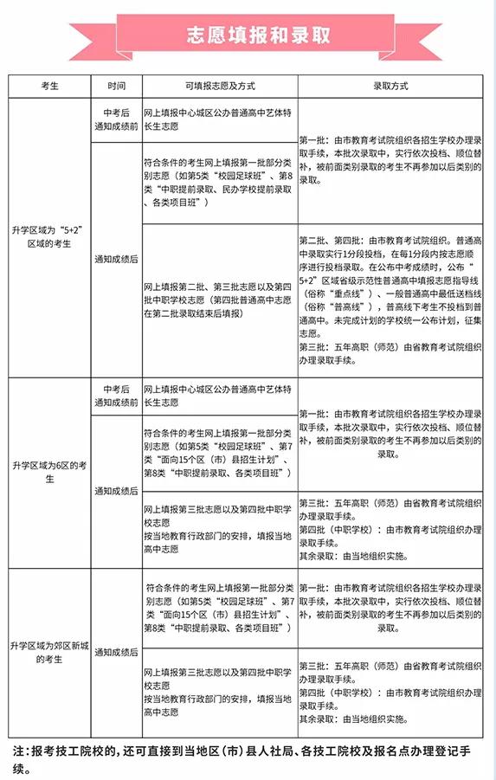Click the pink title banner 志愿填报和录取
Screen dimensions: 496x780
coord(247,35)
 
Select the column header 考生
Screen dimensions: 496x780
coord(49,87)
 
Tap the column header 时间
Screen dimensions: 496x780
coord(117,87)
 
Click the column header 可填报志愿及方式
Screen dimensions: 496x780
coord(219,87)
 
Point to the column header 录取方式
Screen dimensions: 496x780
coord(390,87)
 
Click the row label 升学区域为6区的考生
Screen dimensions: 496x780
coord(49,472)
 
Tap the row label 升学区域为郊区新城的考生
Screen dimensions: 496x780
coord(49,652)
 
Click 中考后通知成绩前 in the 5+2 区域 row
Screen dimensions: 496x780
coord(117,119)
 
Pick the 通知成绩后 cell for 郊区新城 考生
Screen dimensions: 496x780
coord(117,652)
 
